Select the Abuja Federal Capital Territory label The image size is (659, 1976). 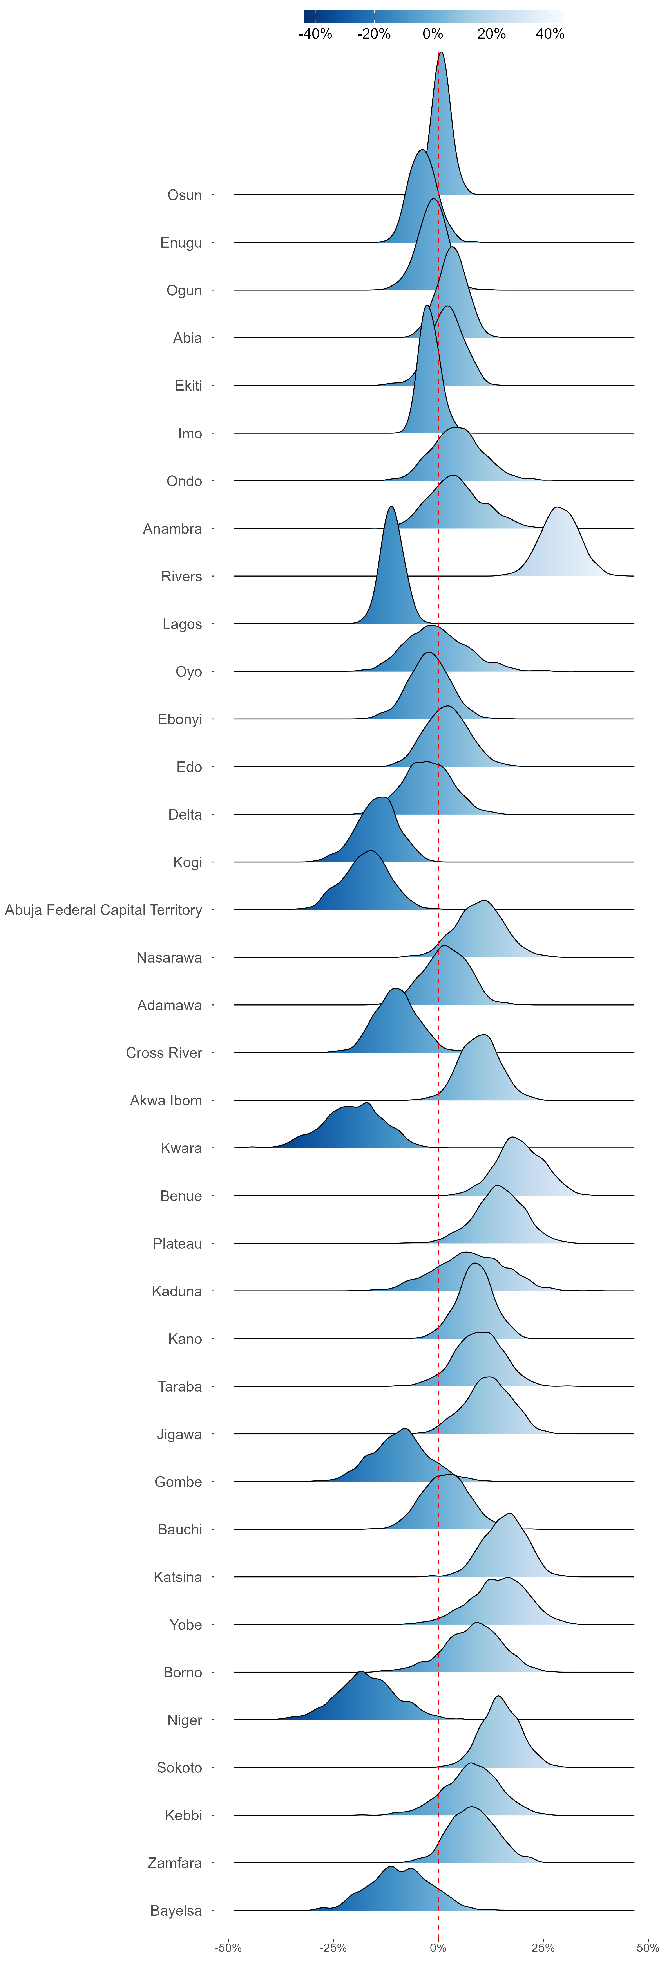coord(103,910)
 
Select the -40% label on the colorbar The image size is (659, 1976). coord(315,34)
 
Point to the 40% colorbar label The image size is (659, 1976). coord(550,34)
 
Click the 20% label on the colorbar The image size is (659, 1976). coord(492,34)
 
